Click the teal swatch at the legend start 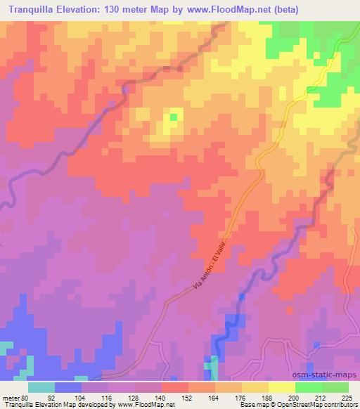pyautogui.click(x=41, y=387)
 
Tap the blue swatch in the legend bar pyautogui.click(x=68, y=387)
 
